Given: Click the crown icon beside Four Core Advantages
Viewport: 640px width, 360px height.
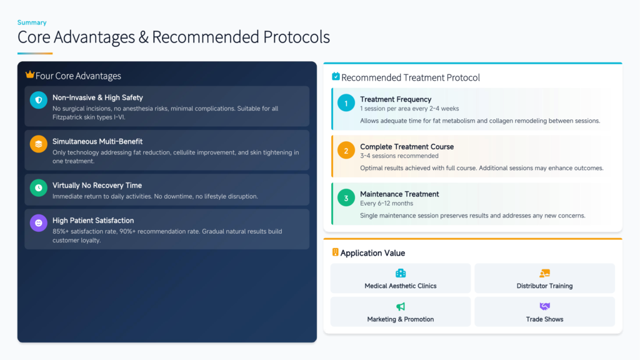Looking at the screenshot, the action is [x=30, y=74].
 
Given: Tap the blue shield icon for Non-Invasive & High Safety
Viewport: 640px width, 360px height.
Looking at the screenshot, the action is [x=38, y=100].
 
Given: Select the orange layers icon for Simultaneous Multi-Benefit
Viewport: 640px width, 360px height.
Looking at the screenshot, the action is [x=38, y=144].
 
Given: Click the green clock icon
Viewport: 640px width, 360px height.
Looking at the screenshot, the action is [x=38, y=187].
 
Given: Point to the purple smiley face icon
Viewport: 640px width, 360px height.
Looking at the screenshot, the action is [x=38, y=223].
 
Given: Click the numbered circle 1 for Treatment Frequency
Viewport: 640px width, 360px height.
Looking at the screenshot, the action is [x=346, y=103].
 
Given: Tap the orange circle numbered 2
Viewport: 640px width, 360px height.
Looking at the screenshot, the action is [x=346, y=151].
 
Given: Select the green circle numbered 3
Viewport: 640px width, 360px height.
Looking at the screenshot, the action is [x=346, y=198].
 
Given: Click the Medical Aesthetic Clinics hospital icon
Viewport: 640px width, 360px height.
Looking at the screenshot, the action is [x=401, y=273].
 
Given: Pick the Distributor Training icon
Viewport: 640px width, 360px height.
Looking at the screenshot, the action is [x=544, y=273].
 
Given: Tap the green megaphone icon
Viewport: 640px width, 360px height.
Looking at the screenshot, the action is [x=401, y=306].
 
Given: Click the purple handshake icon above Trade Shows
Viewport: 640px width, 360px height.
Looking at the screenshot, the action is [x=544, y=306].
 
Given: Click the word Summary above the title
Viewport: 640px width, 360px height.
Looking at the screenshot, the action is [x=32, y=22].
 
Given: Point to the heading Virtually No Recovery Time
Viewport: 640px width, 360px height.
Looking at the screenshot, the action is [x=97, y=185].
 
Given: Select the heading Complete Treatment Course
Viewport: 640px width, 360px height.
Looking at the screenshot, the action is [x=407, y=146].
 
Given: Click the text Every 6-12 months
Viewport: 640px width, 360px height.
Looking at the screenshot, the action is [x=386, y=203].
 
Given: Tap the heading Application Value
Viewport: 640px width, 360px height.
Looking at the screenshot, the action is [x=372, y=253].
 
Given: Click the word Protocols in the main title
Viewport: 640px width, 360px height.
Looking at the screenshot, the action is [x=296, y=37].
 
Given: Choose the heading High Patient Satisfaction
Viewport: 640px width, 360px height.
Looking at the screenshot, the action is [x=93, y=221].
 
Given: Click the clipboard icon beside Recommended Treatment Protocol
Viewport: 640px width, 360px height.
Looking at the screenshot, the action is [x=336, y=76].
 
